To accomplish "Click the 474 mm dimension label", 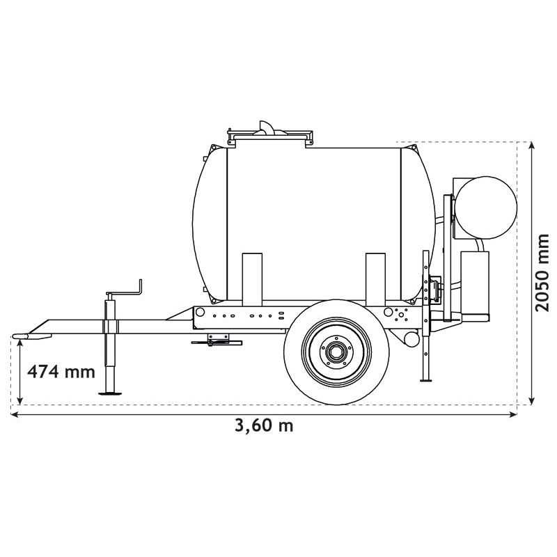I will [60, 371].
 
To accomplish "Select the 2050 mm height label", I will [542, 272].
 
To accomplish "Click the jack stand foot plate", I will [111, 393].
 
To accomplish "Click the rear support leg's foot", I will [427, 379].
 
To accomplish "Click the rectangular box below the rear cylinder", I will [476, 281].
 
